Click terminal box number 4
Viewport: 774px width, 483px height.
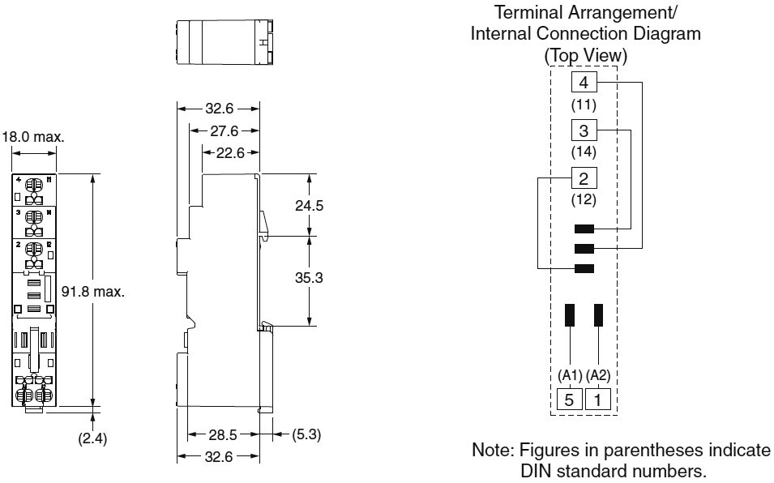pos(584,83)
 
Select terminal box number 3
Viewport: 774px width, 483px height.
pos(584,130)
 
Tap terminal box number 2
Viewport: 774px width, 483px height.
pos(584,177)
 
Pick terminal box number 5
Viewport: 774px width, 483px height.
pos(569,399)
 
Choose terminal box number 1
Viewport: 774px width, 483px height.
pos(598,399)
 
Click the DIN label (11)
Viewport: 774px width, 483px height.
pos(584,105)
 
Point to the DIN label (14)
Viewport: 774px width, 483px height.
pos(584,152)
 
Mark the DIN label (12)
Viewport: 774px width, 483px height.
pos(584,199)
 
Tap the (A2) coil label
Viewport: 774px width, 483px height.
pos(599,376)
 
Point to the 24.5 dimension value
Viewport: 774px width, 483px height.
pos(308,206)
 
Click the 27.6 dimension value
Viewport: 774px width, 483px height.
pos(223,130)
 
